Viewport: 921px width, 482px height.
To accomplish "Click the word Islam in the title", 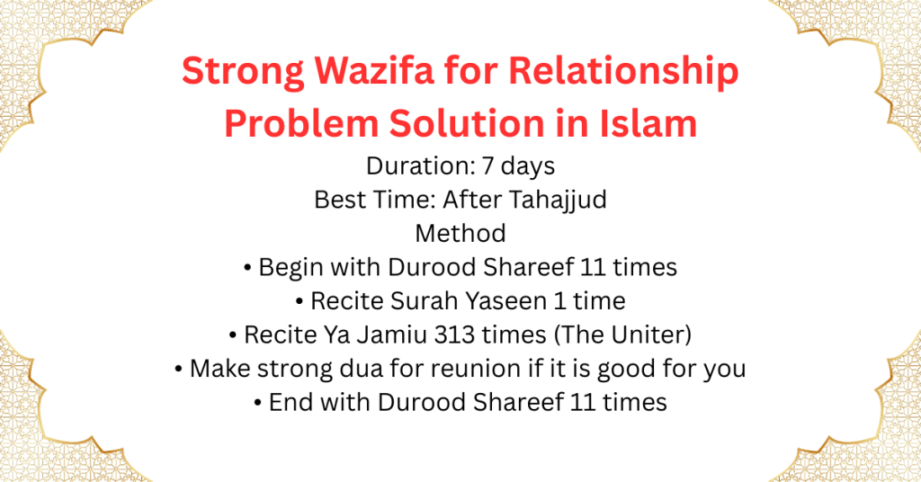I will coord(648,122).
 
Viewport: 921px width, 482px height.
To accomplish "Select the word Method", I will coord(460,233).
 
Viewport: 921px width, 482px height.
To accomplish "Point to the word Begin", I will coord(288,267).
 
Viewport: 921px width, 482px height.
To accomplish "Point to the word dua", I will coord(377,368).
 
